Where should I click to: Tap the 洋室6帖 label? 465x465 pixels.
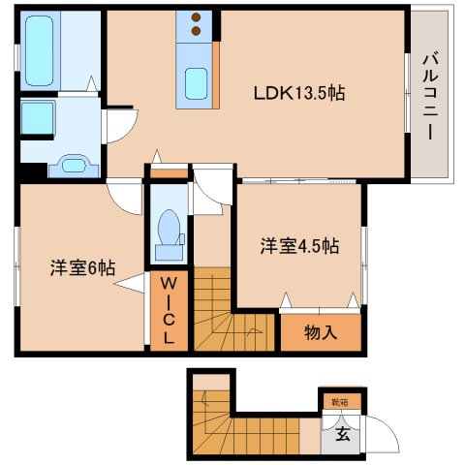[x=83, y=267]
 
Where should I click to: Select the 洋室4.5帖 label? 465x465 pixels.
[x=298, y=245]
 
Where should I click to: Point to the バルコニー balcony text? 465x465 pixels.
[x=426, y=95]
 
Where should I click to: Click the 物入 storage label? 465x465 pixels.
[x=321, y=333]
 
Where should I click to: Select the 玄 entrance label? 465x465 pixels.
[x=342, y=434]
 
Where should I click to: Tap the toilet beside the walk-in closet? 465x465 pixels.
[x=170, y=231]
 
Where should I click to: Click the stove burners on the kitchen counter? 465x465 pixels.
[x=197, y=25]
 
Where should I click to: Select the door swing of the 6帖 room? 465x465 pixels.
[x=126, y=198]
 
